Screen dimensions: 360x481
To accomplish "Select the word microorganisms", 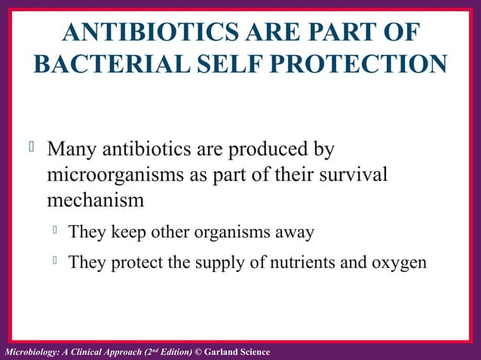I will point(114,175).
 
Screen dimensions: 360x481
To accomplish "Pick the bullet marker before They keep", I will point(54,230).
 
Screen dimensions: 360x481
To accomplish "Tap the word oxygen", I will point(400,264).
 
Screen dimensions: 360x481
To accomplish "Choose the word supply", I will point(229,264).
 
